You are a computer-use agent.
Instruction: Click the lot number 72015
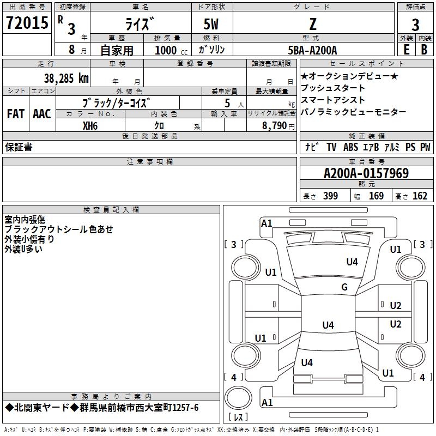27,23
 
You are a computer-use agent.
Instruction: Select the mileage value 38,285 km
66,78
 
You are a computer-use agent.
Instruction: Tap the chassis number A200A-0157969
366,173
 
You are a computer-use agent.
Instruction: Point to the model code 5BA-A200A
312,50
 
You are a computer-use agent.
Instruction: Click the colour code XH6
90,126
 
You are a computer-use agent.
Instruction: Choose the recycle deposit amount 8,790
275,126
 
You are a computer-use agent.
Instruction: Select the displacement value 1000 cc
171,50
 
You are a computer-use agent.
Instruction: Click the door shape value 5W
211,24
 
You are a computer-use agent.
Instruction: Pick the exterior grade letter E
406,50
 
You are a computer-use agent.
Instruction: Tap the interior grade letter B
424,50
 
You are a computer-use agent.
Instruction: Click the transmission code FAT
16,114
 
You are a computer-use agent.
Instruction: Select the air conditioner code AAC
42,114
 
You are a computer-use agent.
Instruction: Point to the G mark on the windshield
344,287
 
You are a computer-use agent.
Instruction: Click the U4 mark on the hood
352,262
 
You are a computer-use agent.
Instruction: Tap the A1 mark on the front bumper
267,223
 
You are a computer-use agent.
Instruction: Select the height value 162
420,196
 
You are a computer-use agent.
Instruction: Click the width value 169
376,196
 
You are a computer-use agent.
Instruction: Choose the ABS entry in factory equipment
350,147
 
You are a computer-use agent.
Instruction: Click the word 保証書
19,147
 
